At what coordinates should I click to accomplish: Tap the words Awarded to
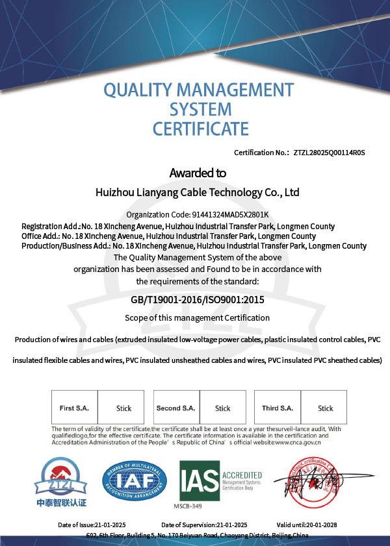pyautogui.click(x=198, y=173)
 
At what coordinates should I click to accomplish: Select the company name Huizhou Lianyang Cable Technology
pyautogui.click(x=197, y=193)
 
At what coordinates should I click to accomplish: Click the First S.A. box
pyautogui.click(x=74, y=408)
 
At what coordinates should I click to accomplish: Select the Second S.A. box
pyautogui.click(x=175, y=408)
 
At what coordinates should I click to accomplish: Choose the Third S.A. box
pyautogui.click(x=278, y=408)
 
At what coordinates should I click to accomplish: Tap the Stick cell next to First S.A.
pyautogui.click(x=123, y=408)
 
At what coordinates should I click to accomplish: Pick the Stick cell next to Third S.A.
pyautogui.click(x=325, y=408)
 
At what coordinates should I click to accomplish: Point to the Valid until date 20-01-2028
pyautogui.click(x=307, y=525)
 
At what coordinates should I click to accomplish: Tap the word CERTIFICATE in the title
pyautogui.click(x=200, y=129)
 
